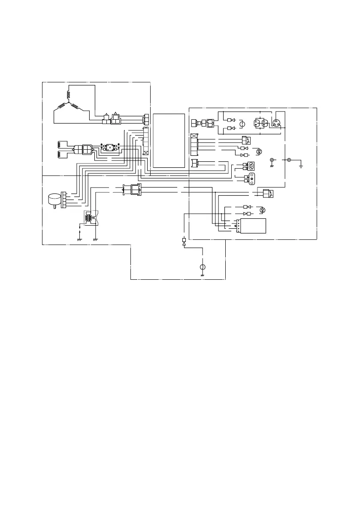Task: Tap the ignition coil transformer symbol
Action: tap(90, 217)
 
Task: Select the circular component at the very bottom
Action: tap(203, 267)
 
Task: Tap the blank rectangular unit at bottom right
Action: tap(254, 225)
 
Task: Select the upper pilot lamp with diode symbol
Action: tap(259, 151)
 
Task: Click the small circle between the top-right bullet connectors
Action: tap(242, 124)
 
